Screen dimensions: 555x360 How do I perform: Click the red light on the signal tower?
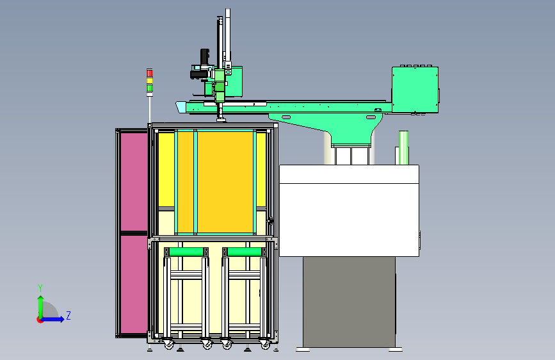(x=150, y=74)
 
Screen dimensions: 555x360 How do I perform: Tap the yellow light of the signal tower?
(x=150, y=81)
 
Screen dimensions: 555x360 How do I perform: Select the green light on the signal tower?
(x=150, y=88)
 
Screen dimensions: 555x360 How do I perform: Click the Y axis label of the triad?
(x=40, y=288)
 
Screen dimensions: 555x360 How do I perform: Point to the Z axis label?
(x=68, y=315)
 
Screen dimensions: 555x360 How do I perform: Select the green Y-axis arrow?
(x=41, y=307)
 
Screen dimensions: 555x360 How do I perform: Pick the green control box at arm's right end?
(x=415, y=90)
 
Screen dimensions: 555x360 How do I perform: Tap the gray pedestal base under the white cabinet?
(x=349, y=302)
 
